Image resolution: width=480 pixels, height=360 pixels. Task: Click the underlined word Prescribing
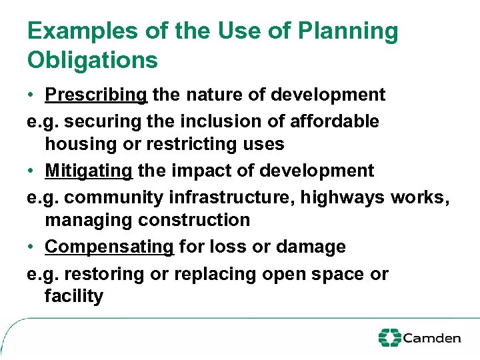tap(96, 95)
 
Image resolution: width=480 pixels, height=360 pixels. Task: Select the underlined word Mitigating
tap(89, 171)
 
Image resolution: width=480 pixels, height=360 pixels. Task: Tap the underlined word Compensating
tap(109, 247)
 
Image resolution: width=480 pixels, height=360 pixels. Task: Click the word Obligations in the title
tap(93, 60)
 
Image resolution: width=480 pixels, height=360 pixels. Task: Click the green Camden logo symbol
tap(389, 338)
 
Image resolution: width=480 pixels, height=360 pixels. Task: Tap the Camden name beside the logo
tap(432, 338)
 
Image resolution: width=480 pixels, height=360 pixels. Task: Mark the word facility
tap(74, 296)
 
